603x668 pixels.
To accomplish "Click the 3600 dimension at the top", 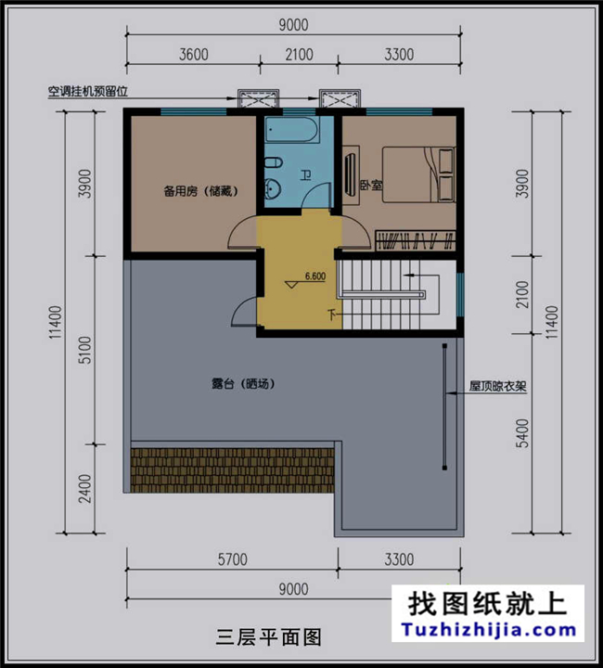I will pyautogui.click(x=193, y=55).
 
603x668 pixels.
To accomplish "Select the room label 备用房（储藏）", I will pyautogui.click(x=201, y=192).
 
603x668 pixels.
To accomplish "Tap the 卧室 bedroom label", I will pyautogui.click(x=370, y=186).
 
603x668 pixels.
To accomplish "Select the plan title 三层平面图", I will pyautogui.click(x=268, y=637).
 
